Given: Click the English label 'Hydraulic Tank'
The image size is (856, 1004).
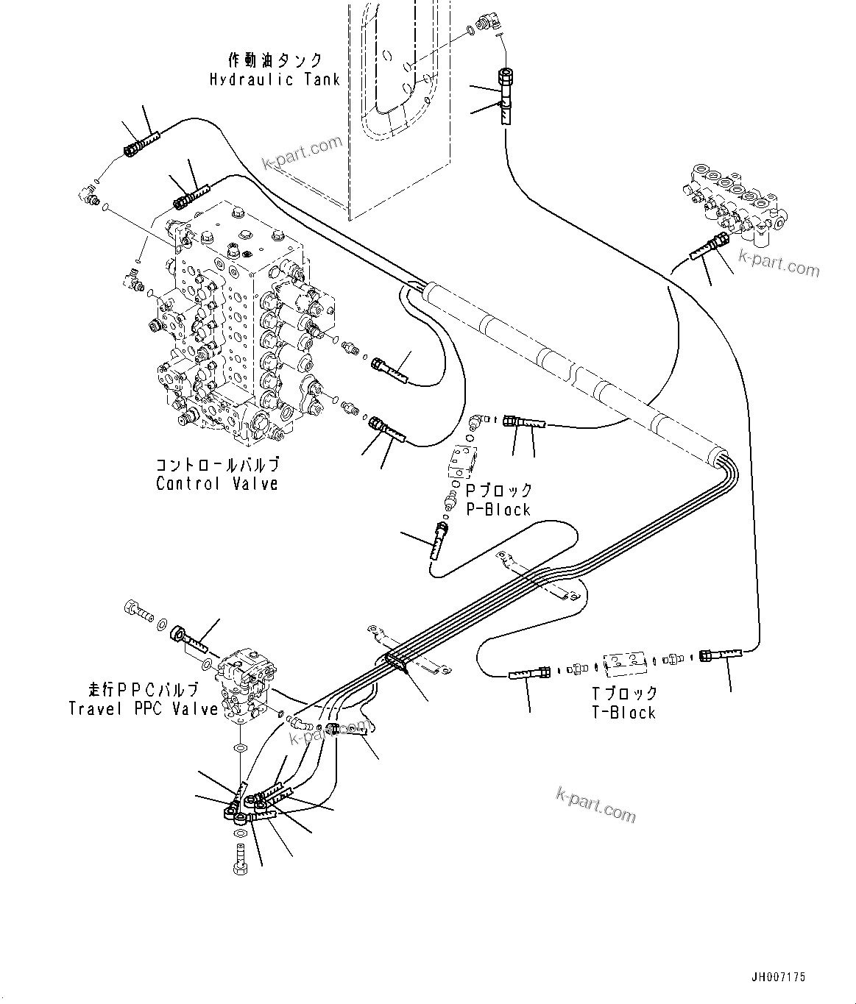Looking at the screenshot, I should pyautogui.click(x=275, y=79).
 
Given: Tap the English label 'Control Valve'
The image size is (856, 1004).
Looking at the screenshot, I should pyautogui.click(x=217, y=484).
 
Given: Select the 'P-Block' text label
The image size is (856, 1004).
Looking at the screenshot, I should pyautogui.click(x=498, y=510).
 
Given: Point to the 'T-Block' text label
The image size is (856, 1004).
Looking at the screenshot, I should pyautogui.click(x=623, y=712).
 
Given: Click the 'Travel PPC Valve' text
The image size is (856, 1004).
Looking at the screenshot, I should pyautogui.click(x=144, y=709).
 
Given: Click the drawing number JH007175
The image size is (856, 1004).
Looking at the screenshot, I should pyautogui.click(x=778, y=978).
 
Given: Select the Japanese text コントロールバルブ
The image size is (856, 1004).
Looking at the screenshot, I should pyautogui.click(x=217, y=465).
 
